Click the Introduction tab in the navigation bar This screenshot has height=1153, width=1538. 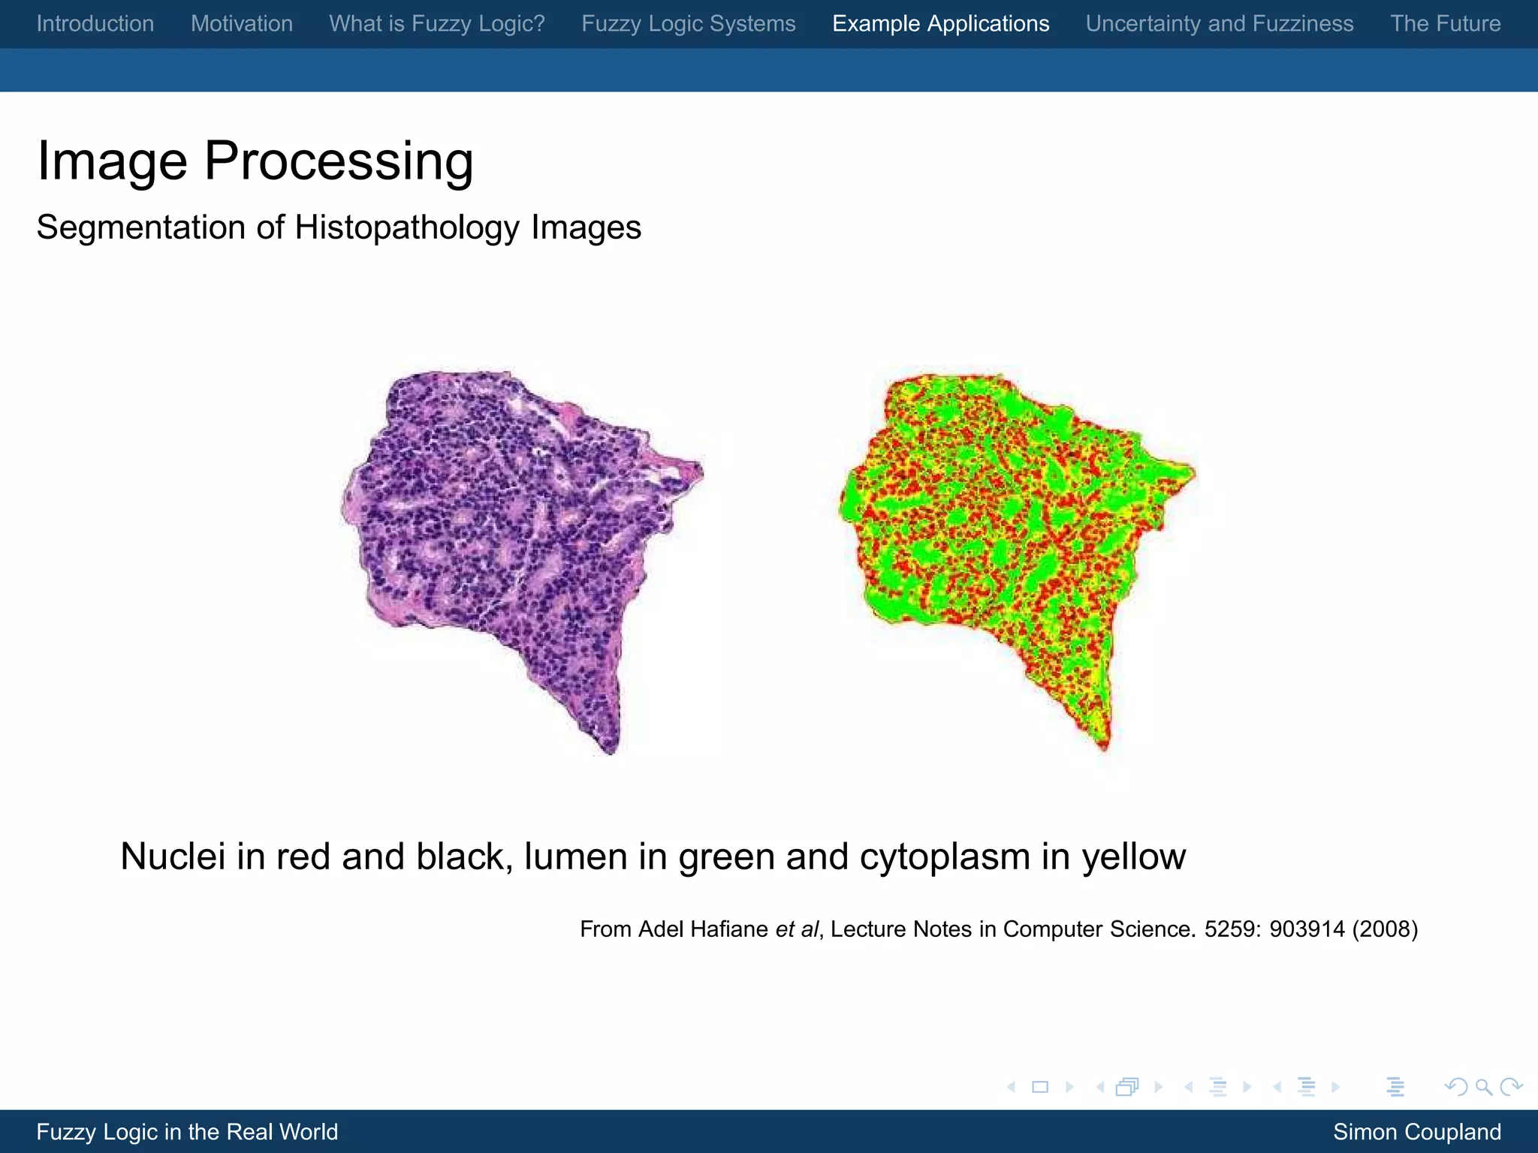[x=95, y=24]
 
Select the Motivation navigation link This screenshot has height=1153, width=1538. [x=241, y=24]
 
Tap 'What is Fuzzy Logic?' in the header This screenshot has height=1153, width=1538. [x=436, y=24]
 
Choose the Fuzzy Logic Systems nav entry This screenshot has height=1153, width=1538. [x=688, y=24]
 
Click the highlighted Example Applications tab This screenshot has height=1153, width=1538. [x=940, y=24]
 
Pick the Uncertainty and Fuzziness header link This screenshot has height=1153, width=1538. [x=1219, y=24]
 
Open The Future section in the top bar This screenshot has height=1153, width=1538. [x=1445, y=24]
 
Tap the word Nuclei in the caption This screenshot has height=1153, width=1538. [x=173, y=856]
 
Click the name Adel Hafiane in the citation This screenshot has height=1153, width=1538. [x=703, y=929]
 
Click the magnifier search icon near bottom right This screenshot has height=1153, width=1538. [x=1483, y=1087]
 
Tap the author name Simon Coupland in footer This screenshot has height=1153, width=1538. [x=1416, y=1132]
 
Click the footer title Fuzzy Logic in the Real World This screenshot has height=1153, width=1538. [x=187, y=1132]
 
